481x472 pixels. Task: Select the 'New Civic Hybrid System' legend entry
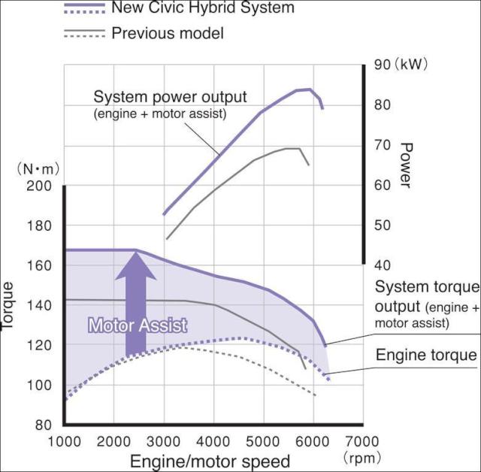click(x=202, y=9)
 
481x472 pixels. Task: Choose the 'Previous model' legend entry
click(x=167, y=33)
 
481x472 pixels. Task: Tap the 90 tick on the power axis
click(x=382, y=65)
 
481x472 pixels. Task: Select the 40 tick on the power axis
click(x=382, y=265)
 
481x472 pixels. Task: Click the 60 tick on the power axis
click(x=382, y=185)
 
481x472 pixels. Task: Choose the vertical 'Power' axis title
click(x=407, y=165)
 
